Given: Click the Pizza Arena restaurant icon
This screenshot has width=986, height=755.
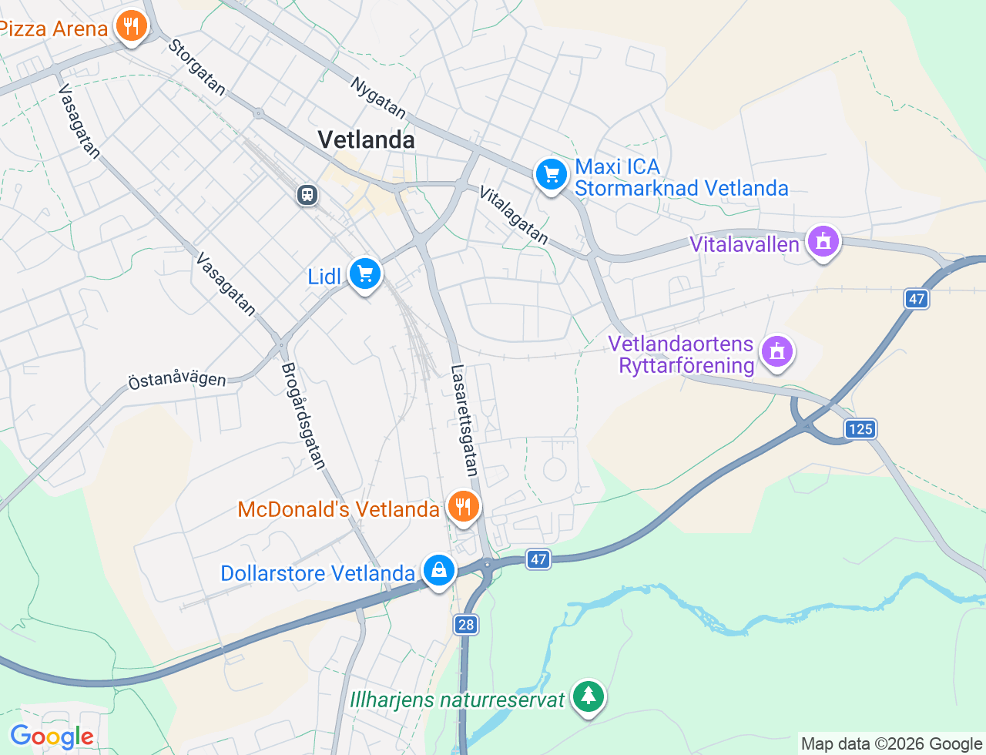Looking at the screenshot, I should click(x=132, y=27).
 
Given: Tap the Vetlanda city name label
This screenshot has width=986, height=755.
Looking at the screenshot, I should click(x=366, y=139).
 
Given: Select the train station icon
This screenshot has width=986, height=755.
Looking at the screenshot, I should click(x=307, y=194).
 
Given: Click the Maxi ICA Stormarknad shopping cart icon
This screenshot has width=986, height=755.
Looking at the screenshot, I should click(x=551, y=175).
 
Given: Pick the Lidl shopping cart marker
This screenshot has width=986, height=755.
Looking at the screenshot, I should click(x=365, y=274).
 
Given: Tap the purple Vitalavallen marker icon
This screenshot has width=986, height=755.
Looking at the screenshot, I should click(x=823, y=241).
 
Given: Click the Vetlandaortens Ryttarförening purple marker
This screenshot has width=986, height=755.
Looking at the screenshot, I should click(x=776, y=352).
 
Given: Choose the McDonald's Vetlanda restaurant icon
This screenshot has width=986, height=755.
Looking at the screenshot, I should click(x=463, y=507).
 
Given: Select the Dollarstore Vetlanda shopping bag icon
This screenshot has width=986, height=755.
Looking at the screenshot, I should click(x=438, y=571).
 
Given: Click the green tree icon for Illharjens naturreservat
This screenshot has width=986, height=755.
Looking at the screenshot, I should click(x=589, y=696).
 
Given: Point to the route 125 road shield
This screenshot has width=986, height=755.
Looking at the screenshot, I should click(x=860, y=429).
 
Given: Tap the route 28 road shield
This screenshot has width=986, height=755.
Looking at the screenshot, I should click(x=465, y=624).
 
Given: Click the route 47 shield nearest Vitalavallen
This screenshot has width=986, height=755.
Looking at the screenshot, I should click(x=916, y=299).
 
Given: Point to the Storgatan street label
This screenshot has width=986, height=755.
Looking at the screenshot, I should click(x=197, y=68).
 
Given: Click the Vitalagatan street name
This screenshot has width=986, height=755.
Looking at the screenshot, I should click(x=514, y=215).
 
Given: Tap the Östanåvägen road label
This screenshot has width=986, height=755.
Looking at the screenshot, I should click(x=177, y=380).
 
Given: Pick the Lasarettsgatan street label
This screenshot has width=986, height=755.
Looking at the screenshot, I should click(x=465, y=420).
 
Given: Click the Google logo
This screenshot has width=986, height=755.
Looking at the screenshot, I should click(x=52, y=737).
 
